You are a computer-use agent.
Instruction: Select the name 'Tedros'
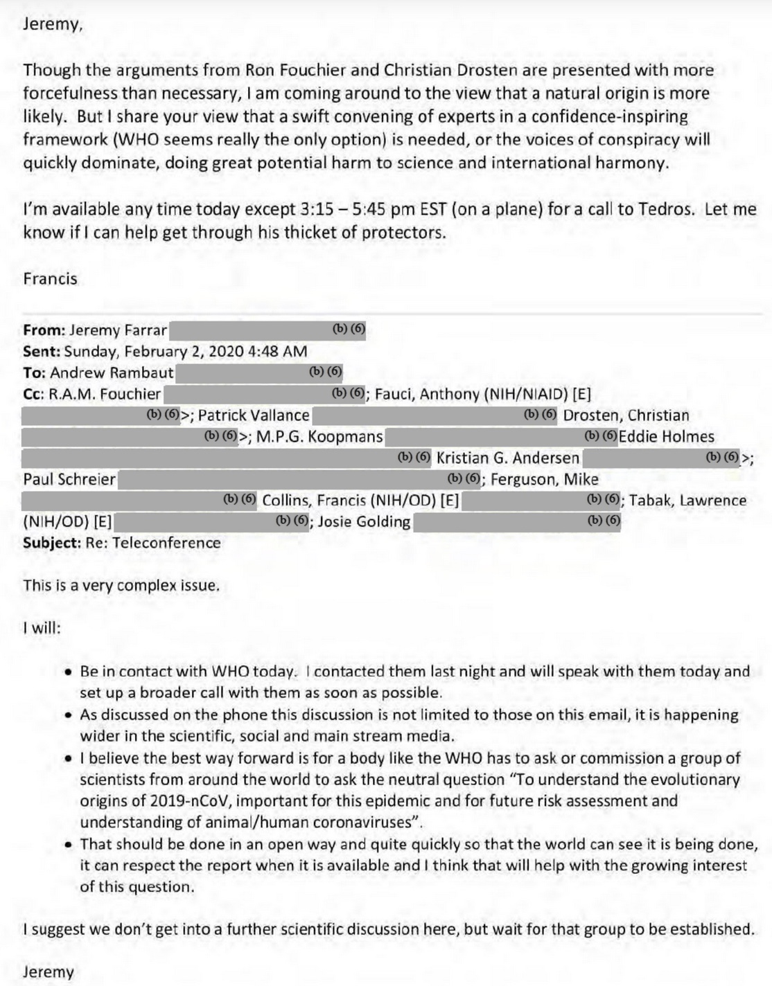(x=665, y=208)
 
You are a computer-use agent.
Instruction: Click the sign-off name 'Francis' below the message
(x=50, y=278)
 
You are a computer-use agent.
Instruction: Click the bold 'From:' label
(x=44, y=330)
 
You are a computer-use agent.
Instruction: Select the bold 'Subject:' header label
(x=52, y=543)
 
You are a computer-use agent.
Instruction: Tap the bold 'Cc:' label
(x=34, y=394)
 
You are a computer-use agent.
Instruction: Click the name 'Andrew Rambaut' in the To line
(x=112, y=373)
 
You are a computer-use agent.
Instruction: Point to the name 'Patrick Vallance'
(x=254, y=415)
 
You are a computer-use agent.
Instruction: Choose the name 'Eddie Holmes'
(x=666, y=437)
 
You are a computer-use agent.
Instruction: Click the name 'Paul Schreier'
(x=69, y=479)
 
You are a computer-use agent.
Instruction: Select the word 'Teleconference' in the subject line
(x=166, y=543)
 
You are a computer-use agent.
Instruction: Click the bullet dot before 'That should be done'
(x=68, y=845)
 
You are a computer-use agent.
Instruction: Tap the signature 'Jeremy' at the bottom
(x=49, y=971)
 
